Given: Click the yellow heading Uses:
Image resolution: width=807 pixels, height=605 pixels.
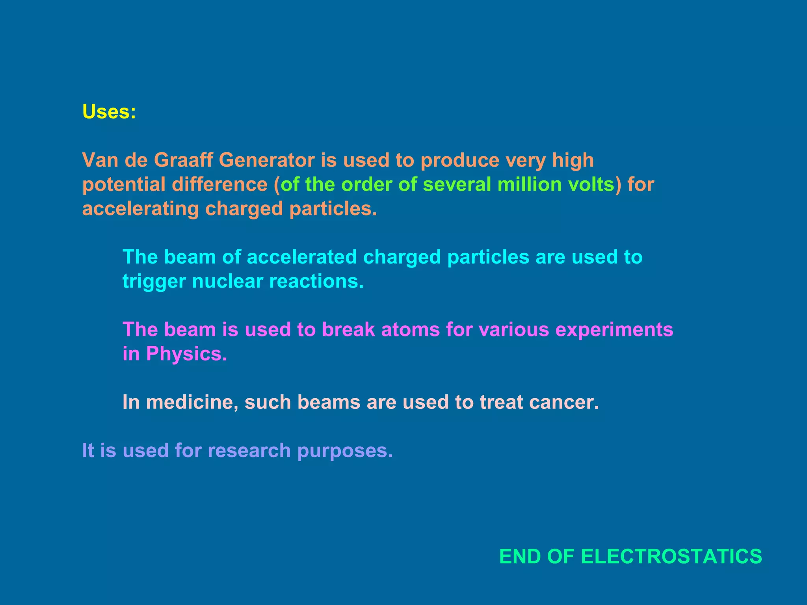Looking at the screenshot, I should coord(109,112).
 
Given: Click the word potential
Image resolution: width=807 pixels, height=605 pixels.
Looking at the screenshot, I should coord(124,185).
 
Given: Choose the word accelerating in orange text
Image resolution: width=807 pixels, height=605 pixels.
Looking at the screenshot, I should coord(140,209).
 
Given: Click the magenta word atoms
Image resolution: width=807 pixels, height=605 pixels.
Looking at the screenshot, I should coord(410,330).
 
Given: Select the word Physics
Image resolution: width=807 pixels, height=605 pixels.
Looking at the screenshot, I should coord(186,354).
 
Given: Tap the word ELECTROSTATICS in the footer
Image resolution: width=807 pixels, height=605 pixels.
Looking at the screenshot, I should coord(671,557).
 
